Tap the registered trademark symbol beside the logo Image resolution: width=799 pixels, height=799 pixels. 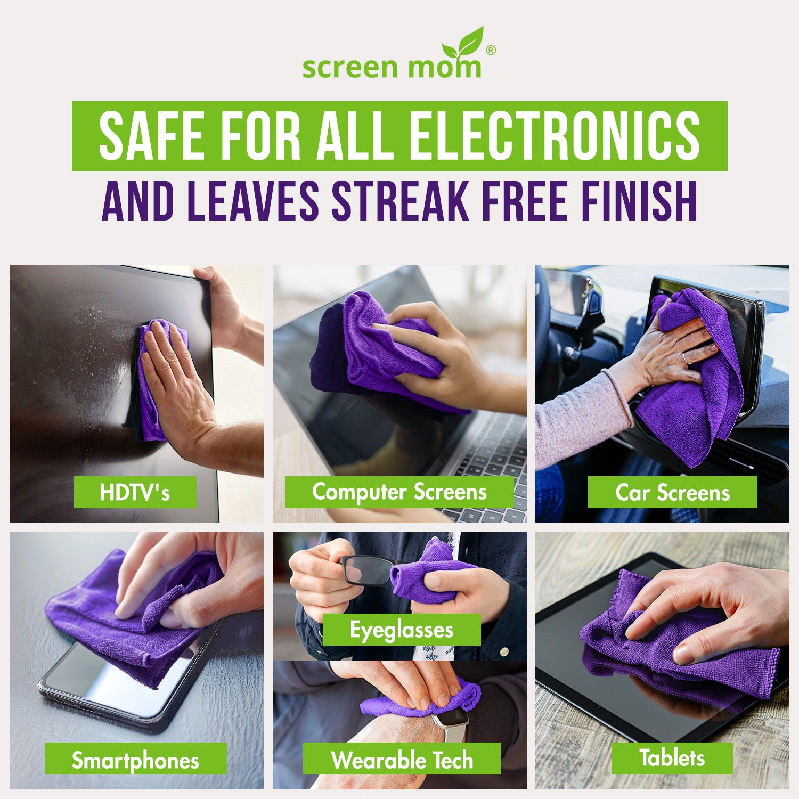point(491,50)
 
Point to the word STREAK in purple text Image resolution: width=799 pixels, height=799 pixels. point(400,201)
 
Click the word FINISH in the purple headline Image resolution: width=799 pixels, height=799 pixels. point(639,201)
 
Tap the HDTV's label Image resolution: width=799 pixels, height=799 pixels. point(135,492)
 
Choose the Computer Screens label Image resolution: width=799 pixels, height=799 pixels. point(399,492)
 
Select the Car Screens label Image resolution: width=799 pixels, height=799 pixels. point(672,493)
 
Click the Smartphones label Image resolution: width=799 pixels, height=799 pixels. point(135,760)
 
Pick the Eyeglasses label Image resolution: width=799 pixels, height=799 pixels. point(402,630)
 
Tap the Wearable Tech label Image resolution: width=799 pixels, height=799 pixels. point(402,760)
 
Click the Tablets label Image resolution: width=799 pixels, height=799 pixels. point(672,757)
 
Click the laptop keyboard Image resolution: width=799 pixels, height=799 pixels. point(490,453)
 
